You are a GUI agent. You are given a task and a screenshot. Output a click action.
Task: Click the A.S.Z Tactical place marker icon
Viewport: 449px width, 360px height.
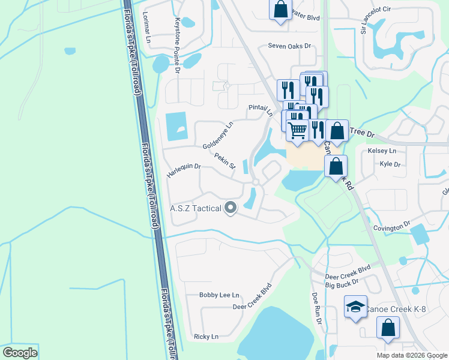[231, 208]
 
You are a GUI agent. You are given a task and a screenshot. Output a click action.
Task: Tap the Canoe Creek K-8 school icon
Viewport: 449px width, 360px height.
[355, 307]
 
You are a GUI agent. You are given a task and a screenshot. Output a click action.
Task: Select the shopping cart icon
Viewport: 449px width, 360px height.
[298, 130]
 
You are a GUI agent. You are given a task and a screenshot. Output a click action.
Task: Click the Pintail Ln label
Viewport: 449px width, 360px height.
[261, 110]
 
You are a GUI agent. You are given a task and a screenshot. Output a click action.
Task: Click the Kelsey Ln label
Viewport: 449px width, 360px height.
[384, 151]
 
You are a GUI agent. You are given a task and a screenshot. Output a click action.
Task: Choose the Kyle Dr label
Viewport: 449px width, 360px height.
[390, 164]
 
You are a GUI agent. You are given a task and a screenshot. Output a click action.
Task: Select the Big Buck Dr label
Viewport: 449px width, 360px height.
[342, 281]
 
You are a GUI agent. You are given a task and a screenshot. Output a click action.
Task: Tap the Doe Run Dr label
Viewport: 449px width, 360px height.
[316, 309]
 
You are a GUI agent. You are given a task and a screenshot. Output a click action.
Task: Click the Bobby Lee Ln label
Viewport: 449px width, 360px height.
[219, 295]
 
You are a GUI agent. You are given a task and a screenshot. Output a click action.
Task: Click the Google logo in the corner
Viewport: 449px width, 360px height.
[20, 352]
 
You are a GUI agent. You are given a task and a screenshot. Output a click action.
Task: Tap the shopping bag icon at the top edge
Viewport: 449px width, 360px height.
[280, 10]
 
